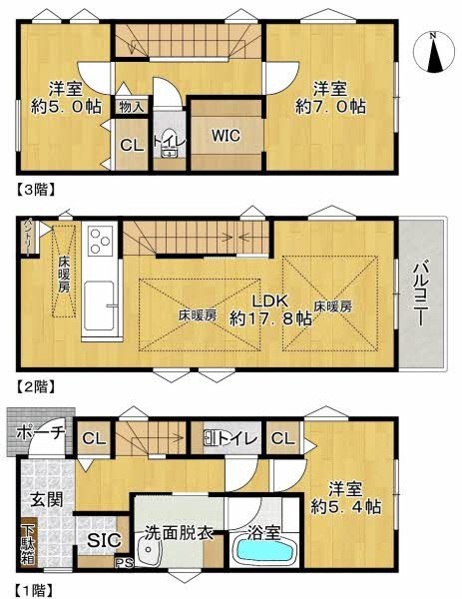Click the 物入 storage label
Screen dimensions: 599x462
(131, 105)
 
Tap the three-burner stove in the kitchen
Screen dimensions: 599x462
(102, 240)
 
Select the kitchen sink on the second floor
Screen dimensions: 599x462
(102, 299)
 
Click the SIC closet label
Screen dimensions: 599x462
(104, 540)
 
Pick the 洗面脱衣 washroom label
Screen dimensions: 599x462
(180, 533)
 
